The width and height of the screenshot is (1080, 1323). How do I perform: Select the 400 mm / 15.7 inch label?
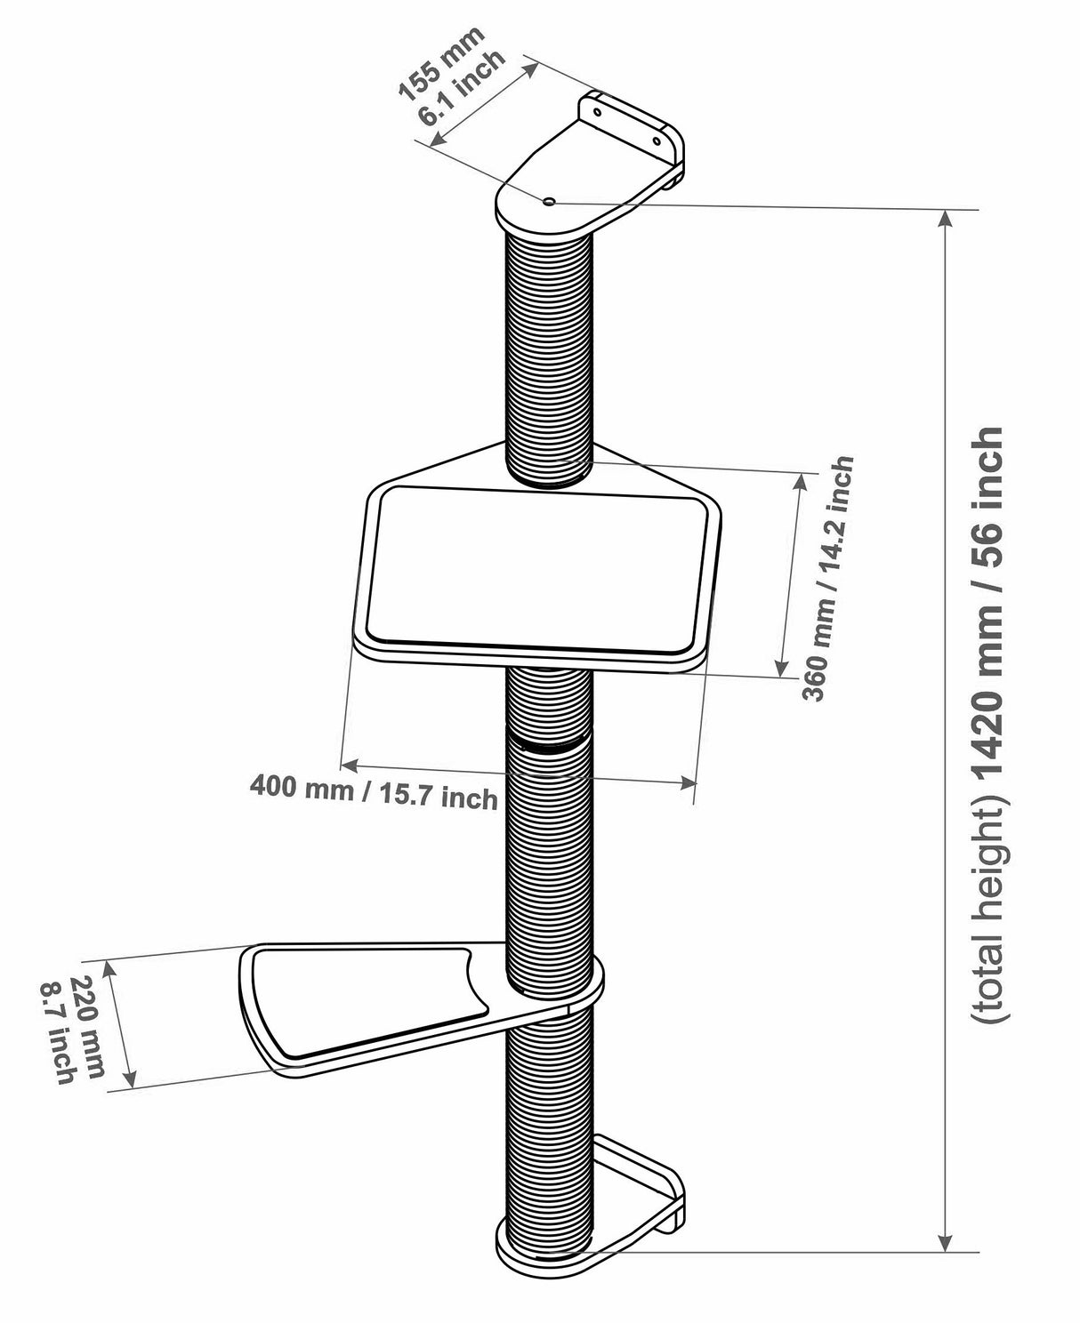coord(373,790)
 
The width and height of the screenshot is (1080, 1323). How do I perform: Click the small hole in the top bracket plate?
coord(549,203)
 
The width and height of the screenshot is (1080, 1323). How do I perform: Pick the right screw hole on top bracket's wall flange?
coord(657,140)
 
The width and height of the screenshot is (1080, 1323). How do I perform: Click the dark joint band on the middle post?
coord(549,742)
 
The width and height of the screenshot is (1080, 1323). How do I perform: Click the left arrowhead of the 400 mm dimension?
coord(348,764)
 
